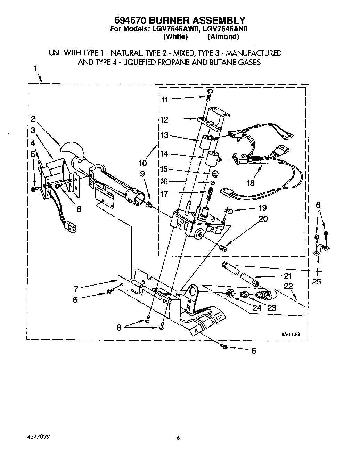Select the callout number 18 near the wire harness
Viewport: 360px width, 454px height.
tap(250, 183)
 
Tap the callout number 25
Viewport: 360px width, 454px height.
tap(317, 282)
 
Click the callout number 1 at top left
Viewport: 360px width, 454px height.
tap(35, 68)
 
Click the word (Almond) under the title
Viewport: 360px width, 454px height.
tap(223, 36)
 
